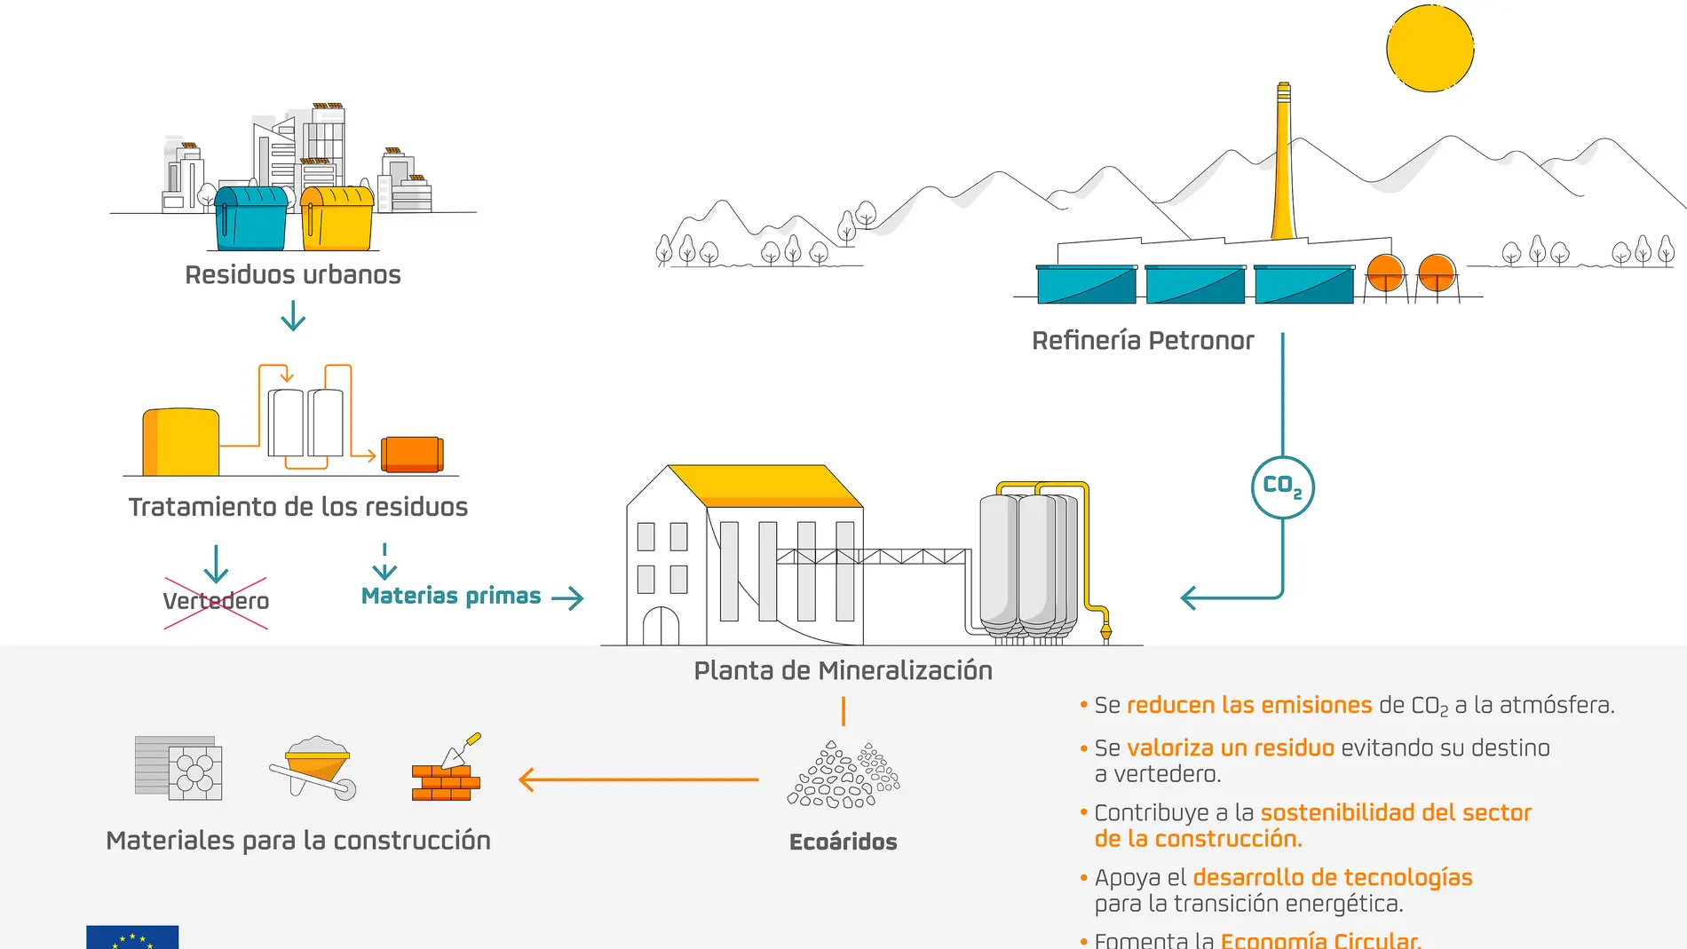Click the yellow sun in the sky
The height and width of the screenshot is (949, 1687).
click(x=1430, y=48)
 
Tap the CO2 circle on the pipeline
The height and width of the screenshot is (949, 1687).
click(x=1282, y=486)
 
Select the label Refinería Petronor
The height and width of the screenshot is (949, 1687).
click(x=1143, y=340)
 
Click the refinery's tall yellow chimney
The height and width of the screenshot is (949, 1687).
click(x=1283, y=169)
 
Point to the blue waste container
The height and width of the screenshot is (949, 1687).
click(x=251, y=218)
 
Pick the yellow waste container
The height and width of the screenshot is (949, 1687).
click(x=337, y=218)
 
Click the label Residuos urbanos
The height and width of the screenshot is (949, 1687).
click(x=293, y=274)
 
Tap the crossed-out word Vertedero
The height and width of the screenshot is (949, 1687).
click(x=216, y=601)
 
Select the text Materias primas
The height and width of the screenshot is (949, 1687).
click(x=451, y=596)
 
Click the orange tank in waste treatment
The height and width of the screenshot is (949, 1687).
click(x=412, y=454)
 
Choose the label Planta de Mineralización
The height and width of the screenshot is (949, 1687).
click(x=843, y=670)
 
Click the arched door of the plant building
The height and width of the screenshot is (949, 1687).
click(x=661, y=626)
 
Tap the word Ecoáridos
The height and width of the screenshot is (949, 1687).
click(x=843, y=842)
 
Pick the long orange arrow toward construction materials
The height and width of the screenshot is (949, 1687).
click(x=638, y=780)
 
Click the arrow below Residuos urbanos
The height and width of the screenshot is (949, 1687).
click(x=293, y=315)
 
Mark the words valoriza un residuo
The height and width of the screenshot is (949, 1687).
click(x=1230, y=748)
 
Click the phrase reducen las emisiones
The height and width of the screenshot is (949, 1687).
click(x=1249, y=705)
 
